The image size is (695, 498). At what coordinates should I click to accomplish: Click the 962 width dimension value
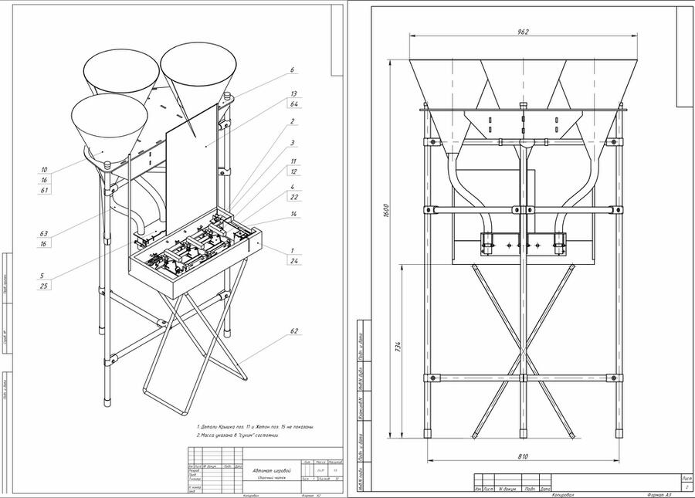pos(524,31)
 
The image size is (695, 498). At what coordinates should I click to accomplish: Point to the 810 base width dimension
pos(523,457)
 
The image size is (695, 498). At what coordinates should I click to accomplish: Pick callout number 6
pos(293,70)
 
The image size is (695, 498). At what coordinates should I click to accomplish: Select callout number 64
pos(293,103)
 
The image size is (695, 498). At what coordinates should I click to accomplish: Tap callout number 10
pos(44,169)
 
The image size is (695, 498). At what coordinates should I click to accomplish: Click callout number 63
pos(44,233)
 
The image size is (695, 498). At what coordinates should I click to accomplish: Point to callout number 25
pos(44,286)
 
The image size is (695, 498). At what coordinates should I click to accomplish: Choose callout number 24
pos(293,261)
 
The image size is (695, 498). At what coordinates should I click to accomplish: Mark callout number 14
pos(293,213)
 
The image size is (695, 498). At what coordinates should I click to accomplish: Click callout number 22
pos(293,197)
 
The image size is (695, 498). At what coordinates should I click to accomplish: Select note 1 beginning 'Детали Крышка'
pos(255,426)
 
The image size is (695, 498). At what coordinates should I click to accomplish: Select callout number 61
pos(44,189)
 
